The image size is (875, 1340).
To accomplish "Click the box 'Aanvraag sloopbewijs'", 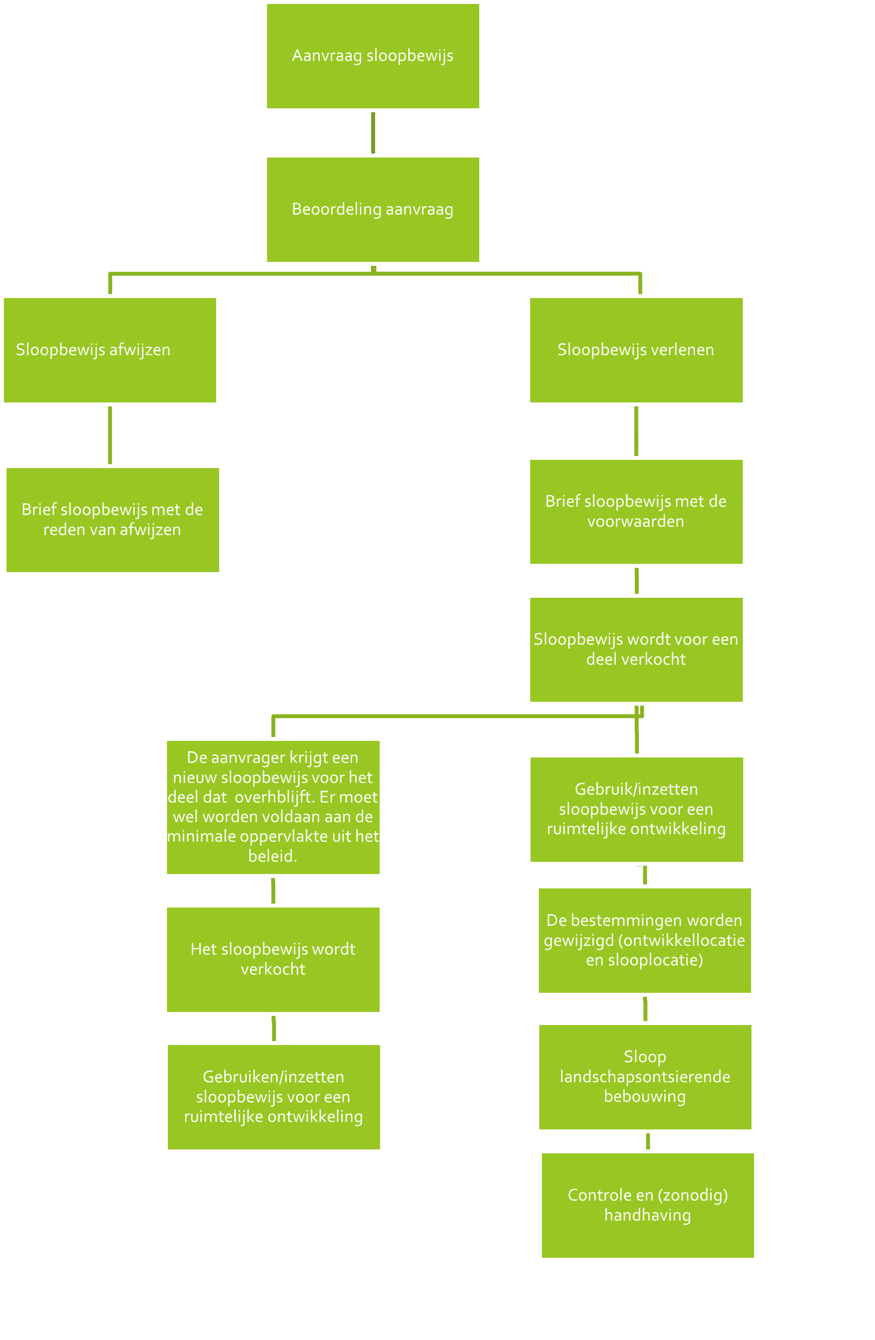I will tap(373, 56).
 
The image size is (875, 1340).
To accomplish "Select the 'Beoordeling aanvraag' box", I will tap(373, 209).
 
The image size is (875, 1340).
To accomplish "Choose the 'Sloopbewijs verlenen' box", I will tap(636, 350).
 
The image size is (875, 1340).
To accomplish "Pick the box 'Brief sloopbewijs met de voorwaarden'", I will tap(636, 511).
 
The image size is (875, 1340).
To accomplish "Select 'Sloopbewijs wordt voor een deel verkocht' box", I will tap(636, 649).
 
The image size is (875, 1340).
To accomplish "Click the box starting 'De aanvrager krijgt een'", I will tap(273, 807).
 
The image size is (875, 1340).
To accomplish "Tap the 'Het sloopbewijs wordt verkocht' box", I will tap(273, 959).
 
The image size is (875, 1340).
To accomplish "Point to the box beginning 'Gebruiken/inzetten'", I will tap(274, 1097).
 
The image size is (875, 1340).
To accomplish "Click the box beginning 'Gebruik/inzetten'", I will tap(636, 809).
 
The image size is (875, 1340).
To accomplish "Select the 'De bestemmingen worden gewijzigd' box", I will tap(645, 940).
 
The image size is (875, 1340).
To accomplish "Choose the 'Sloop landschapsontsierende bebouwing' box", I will tap(645, 1076).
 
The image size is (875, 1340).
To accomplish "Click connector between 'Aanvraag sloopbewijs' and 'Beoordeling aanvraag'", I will tap(373, 133).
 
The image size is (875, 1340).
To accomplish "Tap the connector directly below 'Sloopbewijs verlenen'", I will tap(636, 431).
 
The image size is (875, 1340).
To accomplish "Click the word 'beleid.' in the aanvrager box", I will tap(273, 856).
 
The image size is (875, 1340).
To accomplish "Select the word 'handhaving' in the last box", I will tap(648, 1215).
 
